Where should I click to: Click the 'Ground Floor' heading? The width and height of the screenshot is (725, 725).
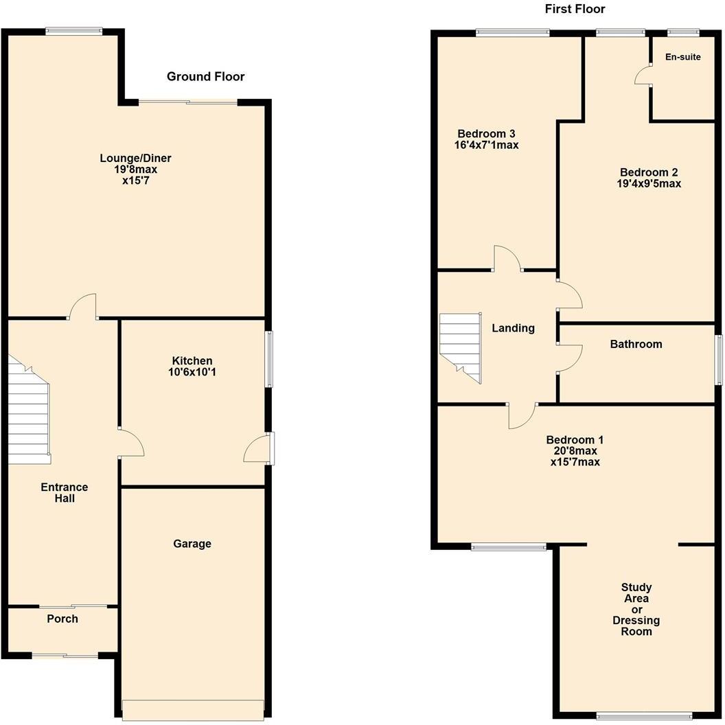[x=205, y=76]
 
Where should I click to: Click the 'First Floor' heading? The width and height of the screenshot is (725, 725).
[x=575, y=9]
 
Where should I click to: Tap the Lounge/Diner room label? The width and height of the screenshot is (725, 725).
[x=135, y=159]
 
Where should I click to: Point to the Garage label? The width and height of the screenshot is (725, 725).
[x=192, y=544]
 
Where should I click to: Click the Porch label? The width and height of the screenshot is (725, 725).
[x=62, y=619]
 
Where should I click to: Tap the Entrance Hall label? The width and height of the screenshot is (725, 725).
[x=64, y=493]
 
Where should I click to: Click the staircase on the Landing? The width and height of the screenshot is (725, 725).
[x=459, y=343]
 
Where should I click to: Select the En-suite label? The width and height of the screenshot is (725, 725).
[x=682, y=57]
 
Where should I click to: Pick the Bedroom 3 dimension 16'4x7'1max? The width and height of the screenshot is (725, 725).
[x=486, y=145]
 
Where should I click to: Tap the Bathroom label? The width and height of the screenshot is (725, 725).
[x=636, y=344]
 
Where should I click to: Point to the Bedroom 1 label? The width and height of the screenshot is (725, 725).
[x=575, y=440]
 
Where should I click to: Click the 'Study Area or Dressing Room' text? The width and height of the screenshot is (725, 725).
[x=636, y=609]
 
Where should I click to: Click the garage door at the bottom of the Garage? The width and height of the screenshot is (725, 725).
[x=192, y=710]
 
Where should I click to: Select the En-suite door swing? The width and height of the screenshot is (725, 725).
[x=643, y=75]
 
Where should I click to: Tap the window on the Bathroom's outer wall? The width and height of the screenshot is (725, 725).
[x=718, y=360]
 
